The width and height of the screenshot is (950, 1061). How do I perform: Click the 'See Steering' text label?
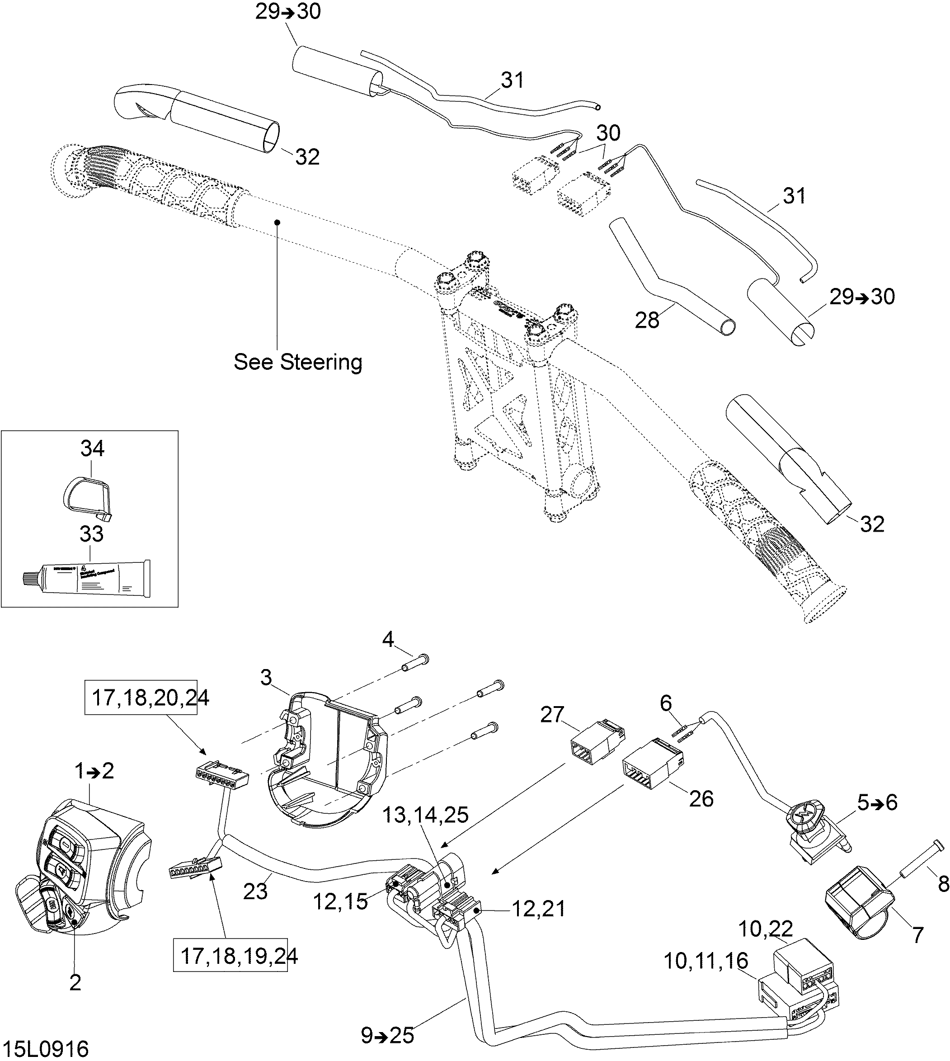(297, 362)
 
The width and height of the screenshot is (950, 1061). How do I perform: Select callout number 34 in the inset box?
(92, 448)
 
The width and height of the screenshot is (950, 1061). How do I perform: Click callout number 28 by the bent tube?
(647, 320)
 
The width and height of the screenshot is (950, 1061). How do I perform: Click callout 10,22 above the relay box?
(766, 928)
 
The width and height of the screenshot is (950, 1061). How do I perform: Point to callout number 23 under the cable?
(255, 891)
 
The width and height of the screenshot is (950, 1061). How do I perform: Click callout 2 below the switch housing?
(75, 982)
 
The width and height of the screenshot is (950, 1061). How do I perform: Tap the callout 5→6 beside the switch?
(877, 802)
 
